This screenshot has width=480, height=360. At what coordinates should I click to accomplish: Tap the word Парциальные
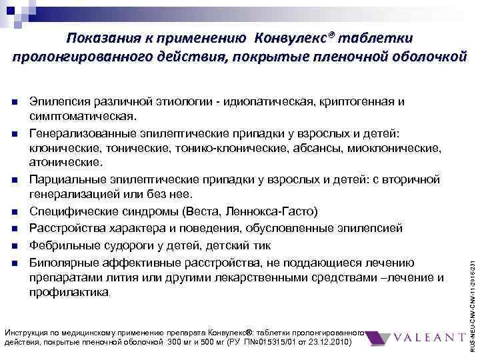[x=63, y=179]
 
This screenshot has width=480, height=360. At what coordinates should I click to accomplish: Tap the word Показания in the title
[x=108, y=37]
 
